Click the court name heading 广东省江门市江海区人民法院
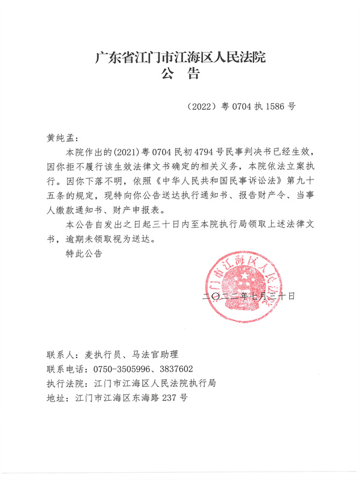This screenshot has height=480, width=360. tap(180, 59)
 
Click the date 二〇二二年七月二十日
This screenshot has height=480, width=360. tap(249, 296)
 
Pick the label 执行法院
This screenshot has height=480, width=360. tap(64, 383)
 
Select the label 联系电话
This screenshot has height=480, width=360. tap(64, 368)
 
